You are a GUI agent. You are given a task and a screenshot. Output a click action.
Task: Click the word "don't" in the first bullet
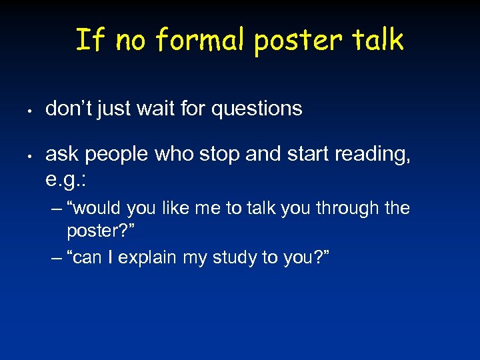coord(69,108)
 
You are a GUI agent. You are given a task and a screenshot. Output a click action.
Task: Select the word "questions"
coord(257,109)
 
